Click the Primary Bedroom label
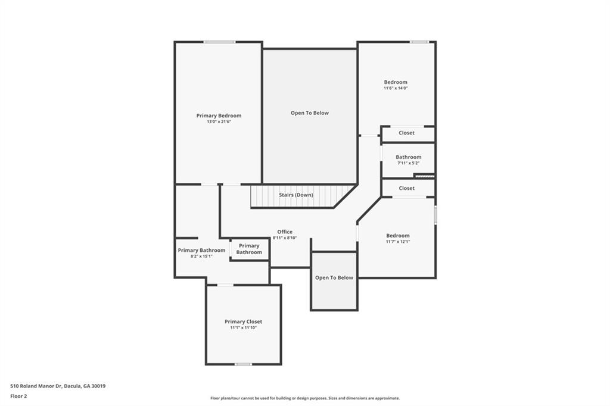tap(219, 115)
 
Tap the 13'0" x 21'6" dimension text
tap(219, 121)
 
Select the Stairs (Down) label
tap(295, 195)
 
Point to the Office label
tap(285, 232)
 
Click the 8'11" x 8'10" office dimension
tap(285, 238)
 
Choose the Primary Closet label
tap(243, 321)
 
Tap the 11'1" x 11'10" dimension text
tap(243, 328)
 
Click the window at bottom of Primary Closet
tap(243, 364)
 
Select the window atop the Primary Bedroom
tap(219, 42)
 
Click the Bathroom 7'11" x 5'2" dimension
tap(409, 163)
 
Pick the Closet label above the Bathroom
tap(406, 133)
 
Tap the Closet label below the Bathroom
tap(406, 188)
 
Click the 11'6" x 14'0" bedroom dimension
tap(396, 88)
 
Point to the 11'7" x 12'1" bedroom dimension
tap(398, 242)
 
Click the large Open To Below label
tap(310, 113)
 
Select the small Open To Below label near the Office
tap(334, 277)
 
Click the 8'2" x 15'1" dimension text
tap(201, 256)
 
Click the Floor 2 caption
tap(18, 396)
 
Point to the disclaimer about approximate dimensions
tap(305, 398)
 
